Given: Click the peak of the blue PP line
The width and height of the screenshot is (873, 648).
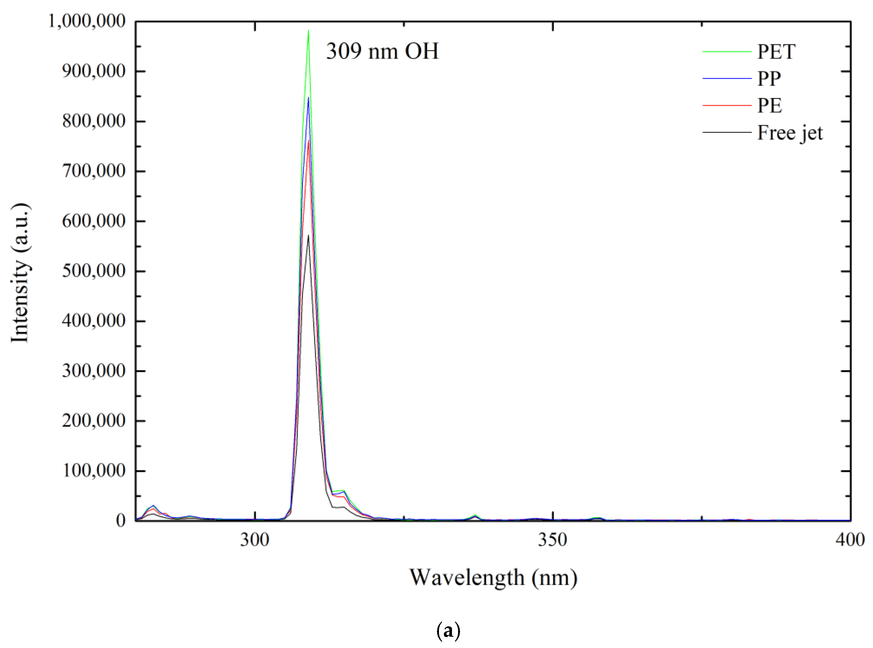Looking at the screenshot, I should point(308,98).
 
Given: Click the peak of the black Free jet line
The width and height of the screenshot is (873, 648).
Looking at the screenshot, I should point(308,235).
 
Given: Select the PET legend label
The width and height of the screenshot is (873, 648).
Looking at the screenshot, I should point(776,51).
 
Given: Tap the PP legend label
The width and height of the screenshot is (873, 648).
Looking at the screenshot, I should point(769,79).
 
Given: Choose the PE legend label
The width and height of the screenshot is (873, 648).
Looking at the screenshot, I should point(769,105).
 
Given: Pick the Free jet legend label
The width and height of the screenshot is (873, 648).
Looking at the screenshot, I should point(790,133).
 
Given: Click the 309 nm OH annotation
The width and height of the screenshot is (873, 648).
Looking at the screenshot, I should point(382,51).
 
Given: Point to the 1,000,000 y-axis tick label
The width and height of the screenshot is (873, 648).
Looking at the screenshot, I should point(87,21).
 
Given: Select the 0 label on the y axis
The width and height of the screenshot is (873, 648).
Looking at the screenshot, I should point(120,521).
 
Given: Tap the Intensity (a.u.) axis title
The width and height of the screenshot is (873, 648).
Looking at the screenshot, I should point(20,273).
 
